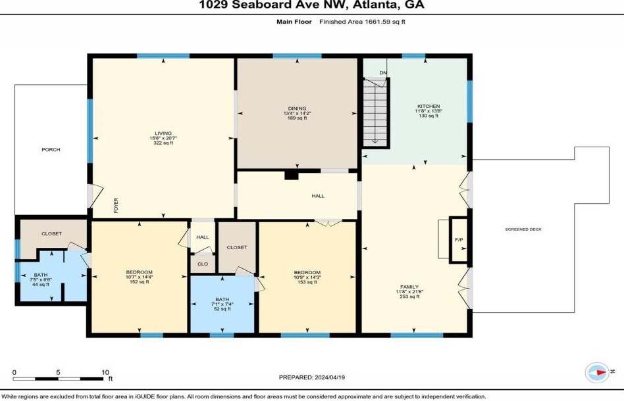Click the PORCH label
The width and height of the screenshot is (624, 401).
point(51,149)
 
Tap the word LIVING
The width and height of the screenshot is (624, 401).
point(163,133)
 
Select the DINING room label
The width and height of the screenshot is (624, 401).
point(298,108)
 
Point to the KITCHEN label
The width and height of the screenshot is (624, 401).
point(429,106)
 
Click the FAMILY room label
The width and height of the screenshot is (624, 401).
point(409,287)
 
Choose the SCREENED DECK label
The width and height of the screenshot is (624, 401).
point(523,229)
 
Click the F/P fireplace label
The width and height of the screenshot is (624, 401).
point(459,240)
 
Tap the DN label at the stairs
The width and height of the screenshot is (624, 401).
point(383,73)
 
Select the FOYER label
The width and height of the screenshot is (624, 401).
point(117,206)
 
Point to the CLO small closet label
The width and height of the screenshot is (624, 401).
point(203,264)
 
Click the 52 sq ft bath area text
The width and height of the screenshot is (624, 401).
point(222,309)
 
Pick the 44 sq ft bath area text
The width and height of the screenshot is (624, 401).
point(41,284)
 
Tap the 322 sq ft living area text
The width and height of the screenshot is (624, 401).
point(163,143)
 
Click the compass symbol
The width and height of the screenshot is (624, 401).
point(597,372)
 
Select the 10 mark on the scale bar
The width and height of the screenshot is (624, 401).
point(105,372)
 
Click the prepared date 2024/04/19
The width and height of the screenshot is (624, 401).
point(330,377)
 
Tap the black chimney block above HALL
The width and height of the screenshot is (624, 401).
point(292,175)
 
